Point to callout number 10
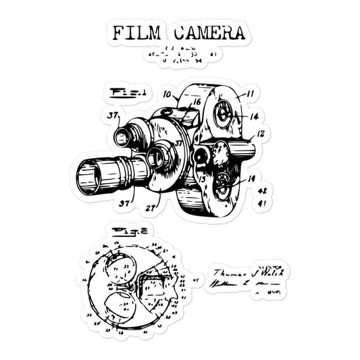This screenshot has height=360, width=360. click(167, 95)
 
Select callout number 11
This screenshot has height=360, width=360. click(250, 94)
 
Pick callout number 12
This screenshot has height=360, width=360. click(260, 134)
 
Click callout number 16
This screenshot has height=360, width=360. click(197, 102)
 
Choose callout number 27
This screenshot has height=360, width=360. click(150, 208)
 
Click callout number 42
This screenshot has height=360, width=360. click(262, 190)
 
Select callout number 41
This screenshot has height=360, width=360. click(262, 202)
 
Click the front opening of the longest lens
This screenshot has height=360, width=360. click(88, 177)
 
